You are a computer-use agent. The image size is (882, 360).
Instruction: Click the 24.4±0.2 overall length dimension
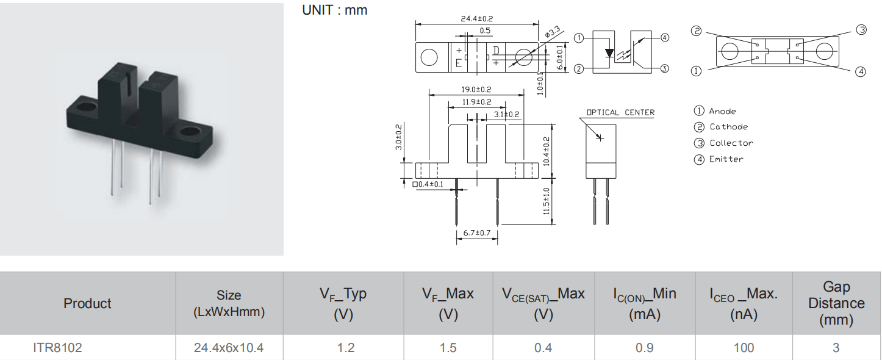[477, 19]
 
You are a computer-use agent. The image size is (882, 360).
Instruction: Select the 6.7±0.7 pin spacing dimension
[477, 233]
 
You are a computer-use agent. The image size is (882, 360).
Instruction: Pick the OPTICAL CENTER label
[620, 112]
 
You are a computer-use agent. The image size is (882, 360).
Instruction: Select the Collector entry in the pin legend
[731, 143]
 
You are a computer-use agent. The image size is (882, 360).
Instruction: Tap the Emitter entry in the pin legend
[726, 159]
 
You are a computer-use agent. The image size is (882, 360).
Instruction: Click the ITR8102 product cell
[57, 348]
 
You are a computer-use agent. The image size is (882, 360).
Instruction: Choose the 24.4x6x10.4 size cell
[229, 348]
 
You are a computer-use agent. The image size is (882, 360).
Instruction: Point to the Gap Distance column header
[836, 303]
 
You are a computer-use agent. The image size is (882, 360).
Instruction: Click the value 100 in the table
[743, 348]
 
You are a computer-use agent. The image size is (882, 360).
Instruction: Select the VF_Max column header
[448, 303]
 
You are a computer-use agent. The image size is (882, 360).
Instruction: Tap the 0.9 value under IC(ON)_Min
[645, 348]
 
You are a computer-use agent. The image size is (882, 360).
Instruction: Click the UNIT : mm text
[335, 10]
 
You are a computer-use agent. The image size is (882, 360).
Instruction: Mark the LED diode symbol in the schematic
[609, 52]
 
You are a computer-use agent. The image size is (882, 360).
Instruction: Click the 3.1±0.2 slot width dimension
[506, 114]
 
